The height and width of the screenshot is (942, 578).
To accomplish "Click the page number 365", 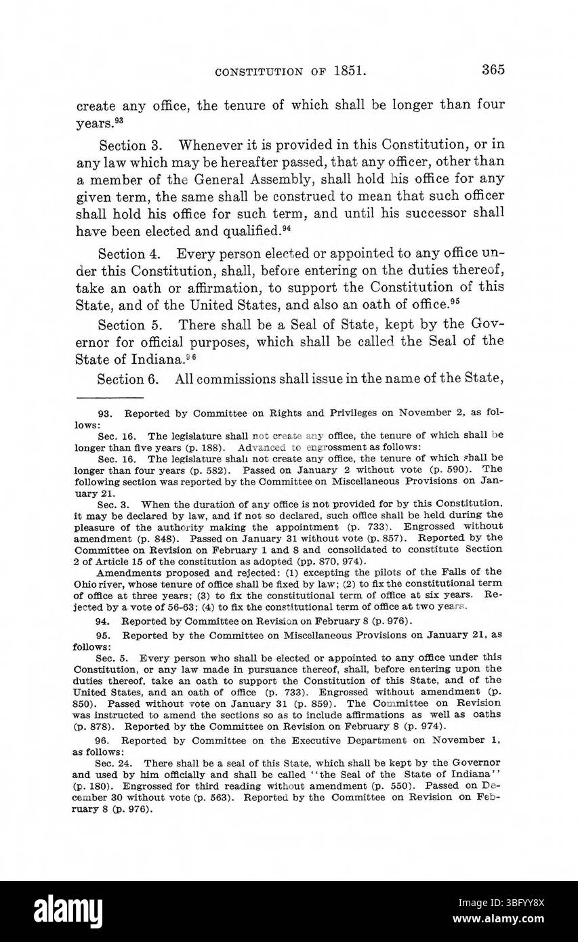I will coord(493,69).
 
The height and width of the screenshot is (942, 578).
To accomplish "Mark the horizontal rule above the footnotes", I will coord(109,397).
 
